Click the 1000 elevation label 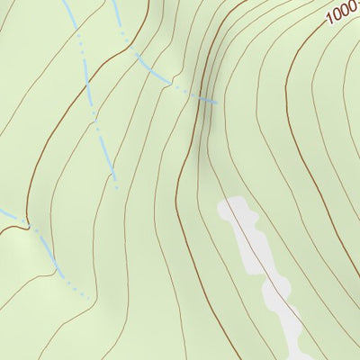pyautogui.click(x=342, y=12)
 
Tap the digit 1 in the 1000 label pyautogui.click(x=329, y=17)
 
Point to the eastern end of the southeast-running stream pyautogui.click(x=217, y=103)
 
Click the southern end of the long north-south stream pyautogui.click(x=118, y=188)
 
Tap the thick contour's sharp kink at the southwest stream pyautogui.click(x=30, y=221)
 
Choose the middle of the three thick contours pyautogui.click(x=180, y=180)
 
